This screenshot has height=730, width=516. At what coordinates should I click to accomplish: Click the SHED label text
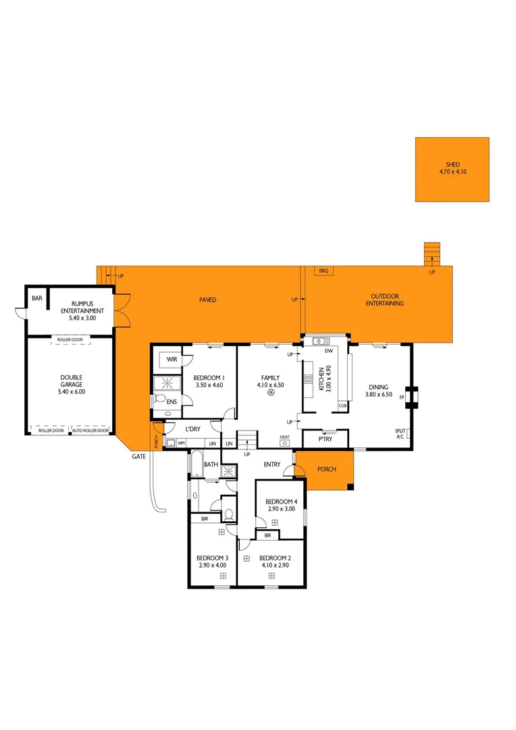tap(452, 164)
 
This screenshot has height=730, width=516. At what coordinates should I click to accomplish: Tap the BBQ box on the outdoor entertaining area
tap(323, 270)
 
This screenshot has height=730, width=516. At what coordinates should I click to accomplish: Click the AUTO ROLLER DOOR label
tap(91, 431)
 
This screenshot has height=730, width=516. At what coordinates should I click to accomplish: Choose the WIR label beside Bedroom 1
tap(172, 360)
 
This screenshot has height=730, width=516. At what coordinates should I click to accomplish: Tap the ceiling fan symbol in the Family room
tap(270, 393)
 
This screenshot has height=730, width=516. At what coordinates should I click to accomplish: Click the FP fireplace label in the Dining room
tap(402, 397)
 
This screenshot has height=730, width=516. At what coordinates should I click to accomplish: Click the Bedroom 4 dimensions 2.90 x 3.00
tap(282, 508)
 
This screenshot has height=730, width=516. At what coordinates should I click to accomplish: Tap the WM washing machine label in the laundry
tap(181, 443)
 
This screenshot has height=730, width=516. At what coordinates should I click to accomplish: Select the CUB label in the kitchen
tap(342, 406)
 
